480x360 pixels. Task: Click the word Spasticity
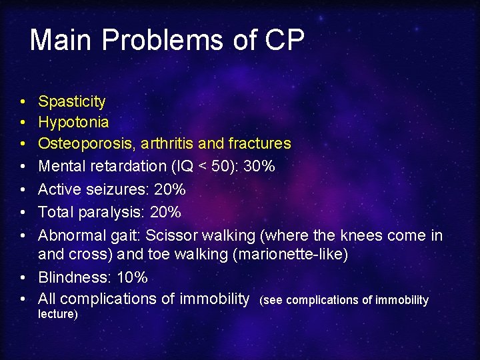click(x=71, y=101)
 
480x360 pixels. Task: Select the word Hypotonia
click(x=73, y=123)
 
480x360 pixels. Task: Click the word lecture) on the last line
click(x=58, y=314)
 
